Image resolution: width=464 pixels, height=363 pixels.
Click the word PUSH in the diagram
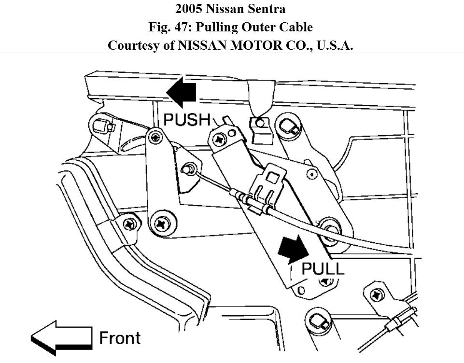coord(187,120)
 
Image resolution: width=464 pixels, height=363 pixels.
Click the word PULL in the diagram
coord(323,269)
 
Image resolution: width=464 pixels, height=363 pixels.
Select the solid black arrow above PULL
coord(294,250)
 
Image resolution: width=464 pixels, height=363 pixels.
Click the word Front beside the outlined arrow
coord(120,337)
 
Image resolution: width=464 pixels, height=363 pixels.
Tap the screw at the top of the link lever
coord(155,137)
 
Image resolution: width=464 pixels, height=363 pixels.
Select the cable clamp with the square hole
coord(268,183)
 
